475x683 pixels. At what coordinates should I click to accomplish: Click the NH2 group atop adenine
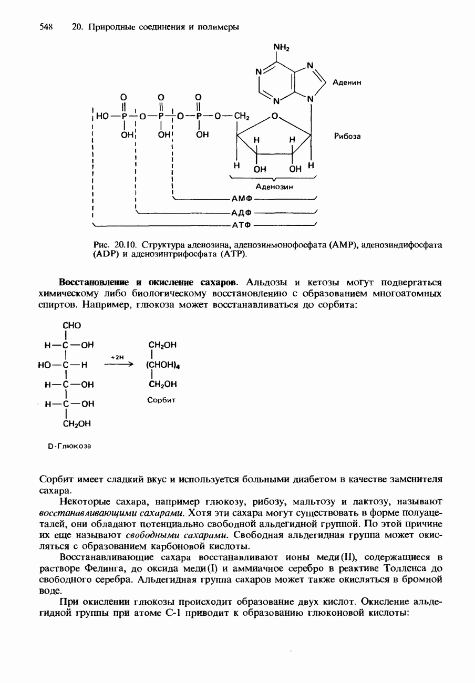click(282, 48)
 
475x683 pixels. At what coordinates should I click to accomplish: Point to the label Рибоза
click(347, 136)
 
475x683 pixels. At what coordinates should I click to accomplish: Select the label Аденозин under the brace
click(274, 187)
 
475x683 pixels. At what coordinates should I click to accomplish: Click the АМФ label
click(240, 199)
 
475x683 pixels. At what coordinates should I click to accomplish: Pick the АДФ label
click(240, 212)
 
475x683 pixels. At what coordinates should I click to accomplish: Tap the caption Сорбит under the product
click(161, 400)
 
